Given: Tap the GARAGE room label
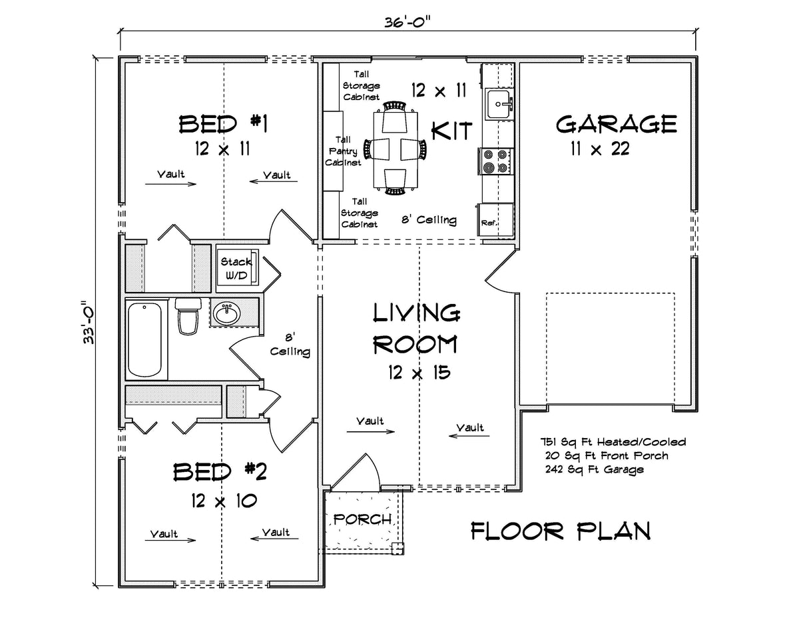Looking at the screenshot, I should click(616, 124).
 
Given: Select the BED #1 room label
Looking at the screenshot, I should click(223, 124).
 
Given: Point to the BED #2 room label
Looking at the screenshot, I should click(220, 472).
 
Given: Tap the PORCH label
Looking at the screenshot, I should click(362, 519).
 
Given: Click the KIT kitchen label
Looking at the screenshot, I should click(452, 129).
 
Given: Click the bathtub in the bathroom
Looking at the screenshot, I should click(144, 339).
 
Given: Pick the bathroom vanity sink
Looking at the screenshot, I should click(228, 313).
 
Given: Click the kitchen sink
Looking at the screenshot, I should click(499, 104).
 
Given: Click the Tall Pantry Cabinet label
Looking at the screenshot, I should click(344, 151).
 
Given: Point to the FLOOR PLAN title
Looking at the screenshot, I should click(561, 531).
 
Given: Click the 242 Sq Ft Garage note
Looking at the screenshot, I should click(594, 469).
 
